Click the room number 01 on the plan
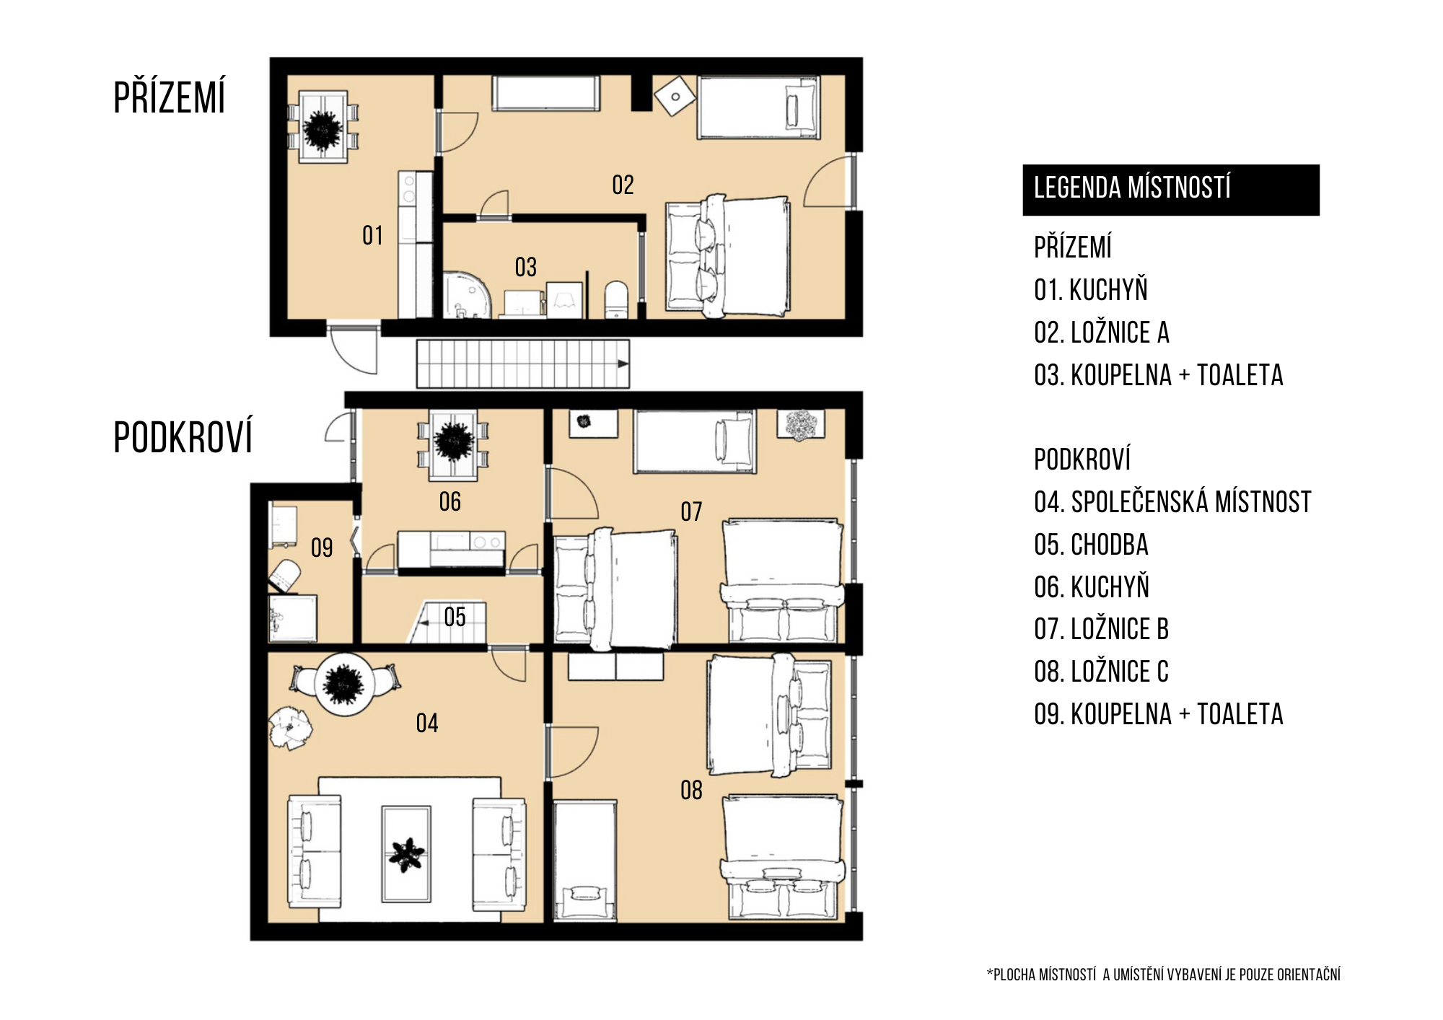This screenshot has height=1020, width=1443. click(x=372, y=235)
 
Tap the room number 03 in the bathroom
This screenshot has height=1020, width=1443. click(x=525, y=267)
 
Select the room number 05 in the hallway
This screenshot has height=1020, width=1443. click(x=455, y=617)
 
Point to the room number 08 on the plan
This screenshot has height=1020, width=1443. click(x=691, y=790)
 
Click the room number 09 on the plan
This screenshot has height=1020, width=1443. click(x=322, y=548)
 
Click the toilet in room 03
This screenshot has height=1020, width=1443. click(x=616, y=299)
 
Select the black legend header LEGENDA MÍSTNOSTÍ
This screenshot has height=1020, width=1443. click(x=1170, y=190)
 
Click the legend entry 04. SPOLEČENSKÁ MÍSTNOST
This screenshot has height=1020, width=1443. click(x=1172, y=502)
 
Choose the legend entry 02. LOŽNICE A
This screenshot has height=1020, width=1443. click(x=1101, y=333)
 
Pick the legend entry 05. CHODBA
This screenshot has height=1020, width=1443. click(x=1091, y=545)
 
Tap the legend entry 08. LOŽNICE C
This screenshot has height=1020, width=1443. click(x=1101, y=672)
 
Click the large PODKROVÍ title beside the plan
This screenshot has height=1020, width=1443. click(x=183, y=436)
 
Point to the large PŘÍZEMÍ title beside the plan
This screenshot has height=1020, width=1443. click(x=170, y=97)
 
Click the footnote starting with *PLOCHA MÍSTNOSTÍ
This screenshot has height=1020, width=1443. click(x=1163, y=975)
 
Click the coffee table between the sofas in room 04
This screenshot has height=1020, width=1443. click(x=406, y=854)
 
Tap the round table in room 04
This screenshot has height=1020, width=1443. click(x=344, y=684)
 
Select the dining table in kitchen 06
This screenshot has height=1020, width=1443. click(x=453, y=445)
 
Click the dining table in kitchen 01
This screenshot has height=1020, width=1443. click(x=323, y=127)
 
